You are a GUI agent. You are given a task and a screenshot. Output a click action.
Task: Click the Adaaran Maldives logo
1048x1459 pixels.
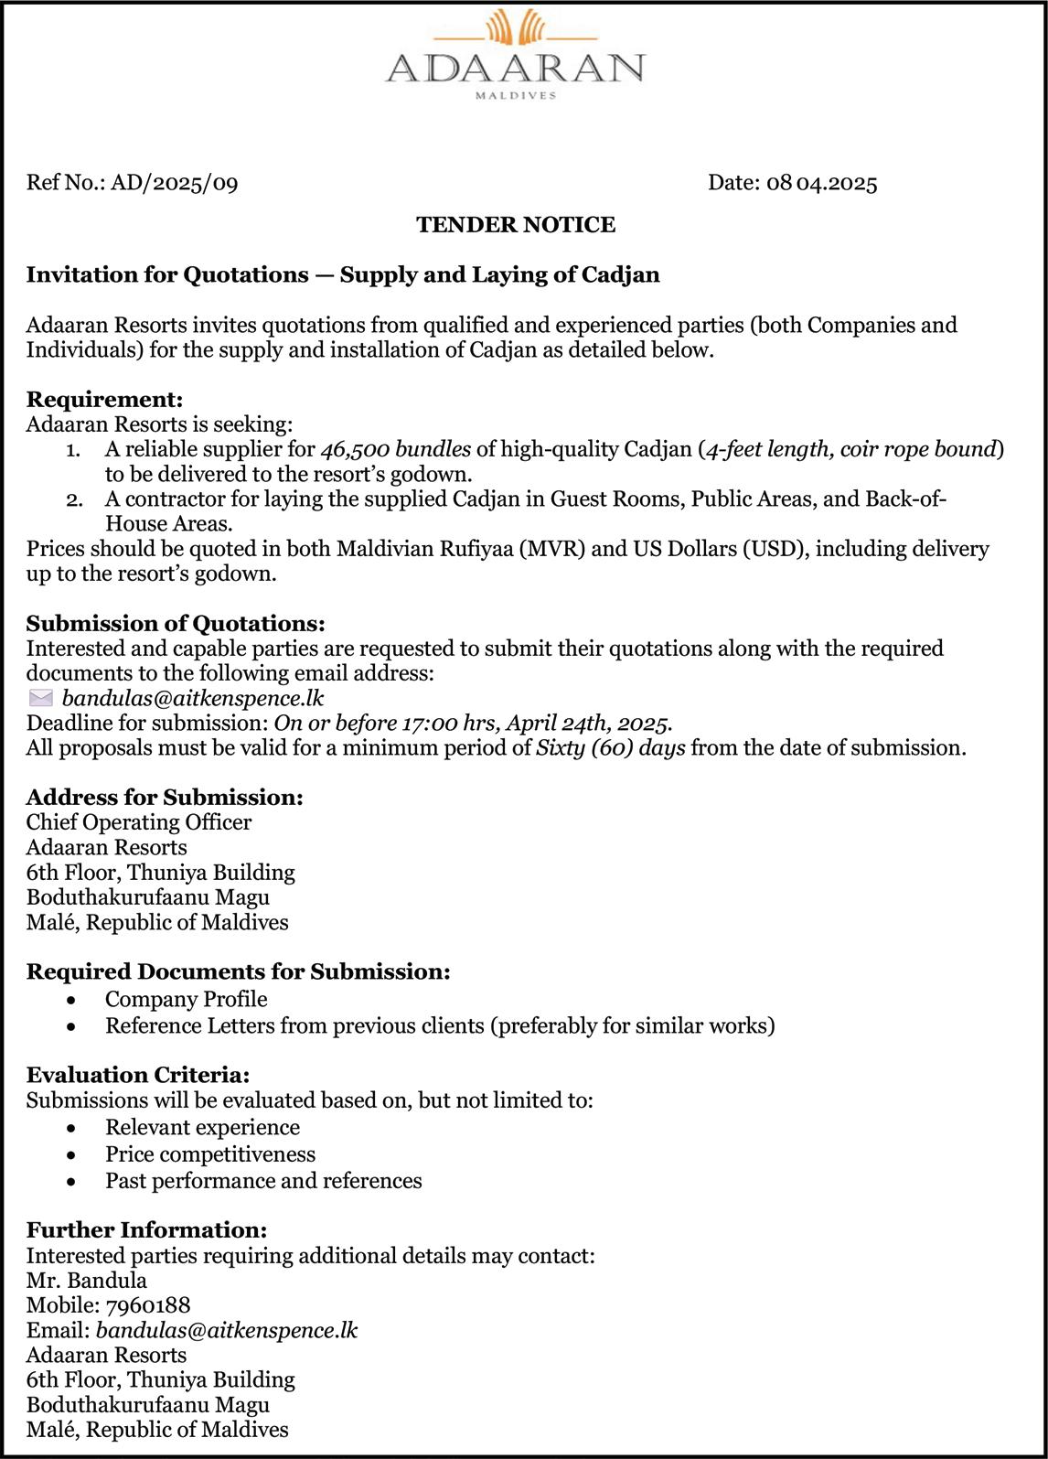515,55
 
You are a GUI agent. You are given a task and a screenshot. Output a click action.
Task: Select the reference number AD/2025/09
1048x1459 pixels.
174,183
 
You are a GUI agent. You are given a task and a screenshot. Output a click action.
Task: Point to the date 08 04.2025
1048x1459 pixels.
821,183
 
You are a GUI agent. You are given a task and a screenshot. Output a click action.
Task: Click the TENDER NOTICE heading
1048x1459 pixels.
516,225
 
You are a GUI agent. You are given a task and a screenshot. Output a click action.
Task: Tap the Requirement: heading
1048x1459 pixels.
105,400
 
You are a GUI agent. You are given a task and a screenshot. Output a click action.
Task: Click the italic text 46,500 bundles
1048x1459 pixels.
396,449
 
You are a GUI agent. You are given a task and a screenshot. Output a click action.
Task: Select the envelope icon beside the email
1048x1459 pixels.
41,699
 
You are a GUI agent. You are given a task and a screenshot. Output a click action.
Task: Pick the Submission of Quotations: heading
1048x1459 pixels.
176,624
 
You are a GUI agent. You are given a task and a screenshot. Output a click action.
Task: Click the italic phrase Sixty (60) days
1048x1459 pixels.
611,748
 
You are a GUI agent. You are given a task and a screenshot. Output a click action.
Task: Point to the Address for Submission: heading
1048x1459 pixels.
165,798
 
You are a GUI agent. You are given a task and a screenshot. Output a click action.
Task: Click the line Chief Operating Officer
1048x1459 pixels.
139,822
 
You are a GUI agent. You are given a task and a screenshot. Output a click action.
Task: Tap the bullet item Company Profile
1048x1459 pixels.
187,999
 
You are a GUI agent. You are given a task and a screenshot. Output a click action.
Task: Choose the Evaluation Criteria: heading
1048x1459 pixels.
138,1075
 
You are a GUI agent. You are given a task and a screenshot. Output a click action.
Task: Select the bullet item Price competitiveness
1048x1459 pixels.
210,1154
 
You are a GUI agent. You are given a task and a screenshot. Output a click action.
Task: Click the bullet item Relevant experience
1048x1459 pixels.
202,1128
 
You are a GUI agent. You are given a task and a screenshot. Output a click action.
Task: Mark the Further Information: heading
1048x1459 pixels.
146,1230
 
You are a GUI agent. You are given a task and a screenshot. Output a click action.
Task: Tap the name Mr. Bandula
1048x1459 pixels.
87,1281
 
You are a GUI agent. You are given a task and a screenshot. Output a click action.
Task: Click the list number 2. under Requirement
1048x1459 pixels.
75,499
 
